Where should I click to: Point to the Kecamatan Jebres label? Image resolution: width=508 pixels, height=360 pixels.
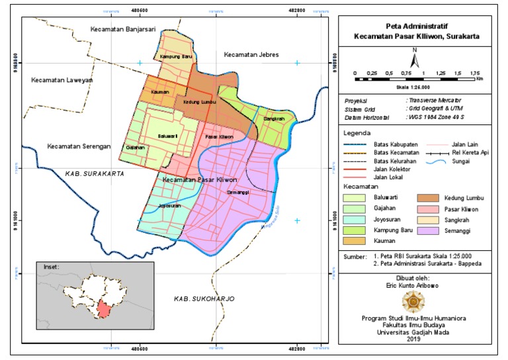tap(251, 54)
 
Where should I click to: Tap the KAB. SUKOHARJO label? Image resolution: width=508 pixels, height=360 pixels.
tap(204, 299)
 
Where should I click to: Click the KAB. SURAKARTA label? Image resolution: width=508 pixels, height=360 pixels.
tap(95, 173)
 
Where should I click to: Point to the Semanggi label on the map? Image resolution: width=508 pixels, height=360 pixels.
tap(236, 192)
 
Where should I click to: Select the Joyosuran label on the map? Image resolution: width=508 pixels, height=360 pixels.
tap(169, 206)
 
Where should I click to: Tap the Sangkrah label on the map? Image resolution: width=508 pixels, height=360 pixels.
tap(273, 119)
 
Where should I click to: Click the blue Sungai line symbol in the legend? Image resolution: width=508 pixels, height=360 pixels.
tap(433, 161)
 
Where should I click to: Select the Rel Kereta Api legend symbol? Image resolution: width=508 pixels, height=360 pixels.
tap(433, 152)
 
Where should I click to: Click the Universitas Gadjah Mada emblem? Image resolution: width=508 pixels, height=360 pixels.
tap(414, 302)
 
